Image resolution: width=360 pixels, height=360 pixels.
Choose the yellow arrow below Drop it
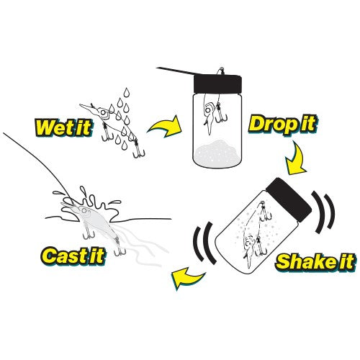tap(296, 158)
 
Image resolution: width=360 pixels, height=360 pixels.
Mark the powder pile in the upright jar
tap(217, 151)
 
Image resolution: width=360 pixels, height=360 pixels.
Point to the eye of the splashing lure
tap(84, 210)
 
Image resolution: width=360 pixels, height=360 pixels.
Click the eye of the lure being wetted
tap(104, 112)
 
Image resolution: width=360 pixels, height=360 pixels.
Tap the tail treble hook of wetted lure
tap(138, 150)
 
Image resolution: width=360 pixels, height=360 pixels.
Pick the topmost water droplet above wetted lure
tap(127, 92)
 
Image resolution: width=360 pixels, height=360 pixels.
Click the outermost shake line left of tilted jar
tap(197, 243)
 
